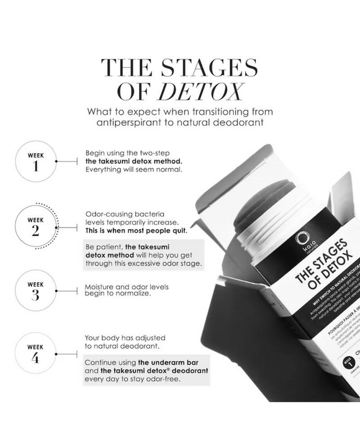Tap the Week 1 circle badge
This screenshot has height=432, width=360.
tap(35, 161)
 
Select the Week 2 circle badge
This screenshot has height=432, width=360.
tap(35, 225)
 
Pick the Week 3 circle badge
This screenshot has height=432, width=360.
tap(35, 290)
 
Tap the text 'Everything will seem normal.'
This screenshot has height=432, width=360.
tap(133, 169)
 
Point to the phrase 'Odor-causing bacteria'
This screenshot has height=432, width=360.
tap(124, 213)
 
